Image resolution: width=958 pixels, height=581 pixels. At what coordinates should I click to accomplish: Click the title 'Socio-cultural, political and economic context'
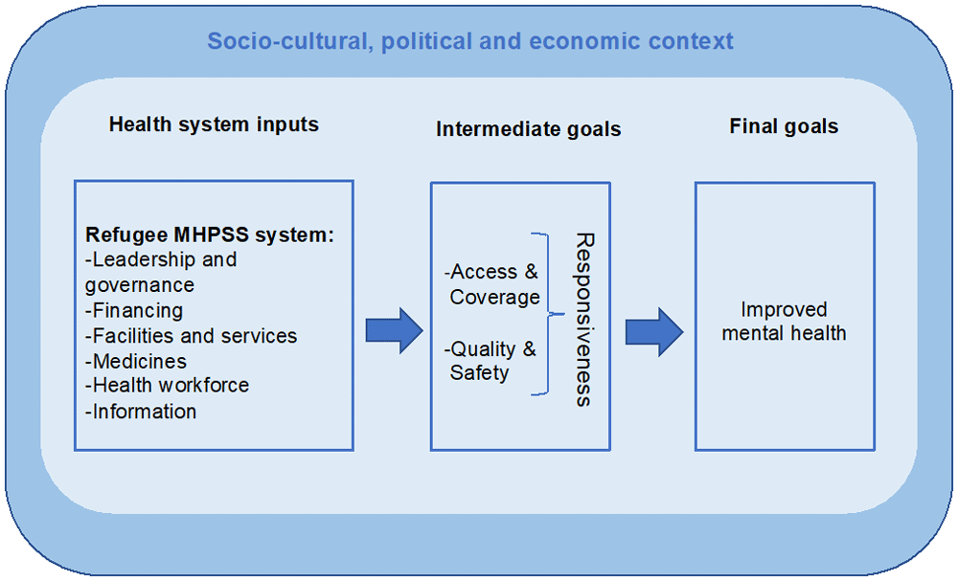point(469,41)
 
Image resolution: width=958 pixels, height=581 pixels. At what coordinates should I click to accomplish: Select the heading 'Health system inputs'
point(214,124)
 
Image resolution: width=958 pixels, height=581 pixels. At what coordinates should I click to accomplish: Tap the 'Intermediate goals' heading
point(529,129)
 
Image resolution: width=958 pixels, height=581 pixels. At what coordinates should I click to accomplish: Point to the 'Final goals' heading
point(784,126)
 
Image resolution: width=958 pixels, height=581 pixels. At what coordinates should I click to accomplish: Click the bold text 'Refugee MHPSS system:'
point(210,235)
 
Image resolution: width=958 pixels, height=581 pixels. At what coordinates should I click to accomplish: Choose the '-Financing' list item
point(134,311)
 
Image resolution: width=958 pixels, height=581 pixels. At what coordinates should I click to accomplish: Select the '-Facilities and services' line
point(191,336)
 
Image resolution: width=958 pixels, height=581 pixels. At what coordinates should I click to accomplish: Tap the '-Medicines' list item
point(136,361)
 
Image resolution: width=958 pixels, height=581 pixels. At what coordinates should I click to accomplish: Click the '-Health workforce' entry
point(167,386)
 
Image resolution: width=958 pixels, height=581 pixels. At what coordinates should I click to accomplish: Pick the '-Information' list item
point(141,412)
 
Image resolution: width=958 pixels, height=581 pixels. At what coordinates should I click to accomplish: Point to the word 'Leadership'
point(144,260)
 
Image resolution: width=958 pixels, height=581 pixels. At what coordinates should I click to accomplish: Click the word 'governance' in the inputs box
point(139,285)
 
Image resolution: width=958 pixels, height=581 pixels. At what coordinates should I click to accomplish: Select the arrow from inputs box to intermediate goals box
point(395,331)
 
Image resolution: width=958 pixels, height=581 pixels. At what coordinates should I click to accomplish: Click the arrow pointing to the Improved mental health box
point(654,332)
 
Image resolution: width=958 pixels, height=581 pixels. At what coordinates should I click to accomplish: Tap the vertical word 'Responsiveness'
point(584,319)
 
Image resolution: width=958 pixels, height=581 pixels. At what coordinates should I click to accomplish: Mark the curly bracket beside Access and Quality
point(547,314)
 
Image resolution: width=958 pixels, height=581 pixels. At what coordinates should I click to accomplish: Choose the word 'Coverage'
point(495,298)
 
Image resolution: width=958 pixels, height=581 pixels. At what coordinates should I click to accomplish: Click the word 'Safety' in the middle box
point(479,373)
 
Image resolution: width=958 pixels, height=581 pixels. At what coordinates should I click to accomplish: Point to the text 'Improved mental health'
point(784,321)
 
